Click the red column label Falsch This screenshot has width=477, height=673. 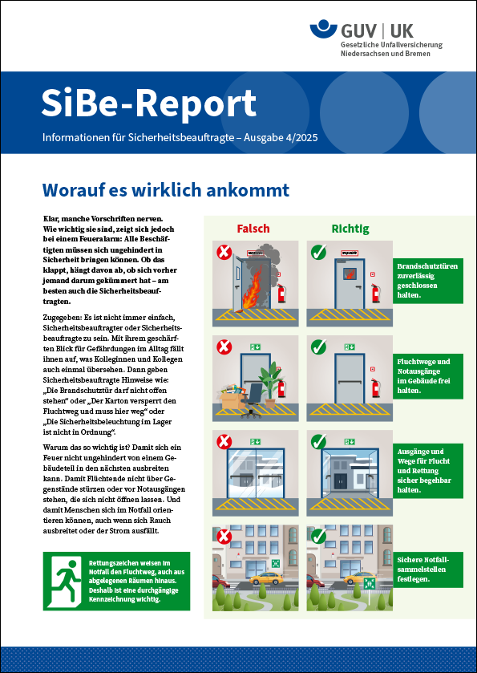click(x=253, y=229)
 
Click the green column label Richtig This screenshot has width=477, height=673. click(x=350, y=229)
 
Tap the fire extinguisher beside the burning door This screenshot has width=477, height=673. click(x=281, y=292)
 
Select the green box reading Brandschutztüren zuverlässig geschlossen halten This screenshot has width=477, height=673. click(x=428, y=281)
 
